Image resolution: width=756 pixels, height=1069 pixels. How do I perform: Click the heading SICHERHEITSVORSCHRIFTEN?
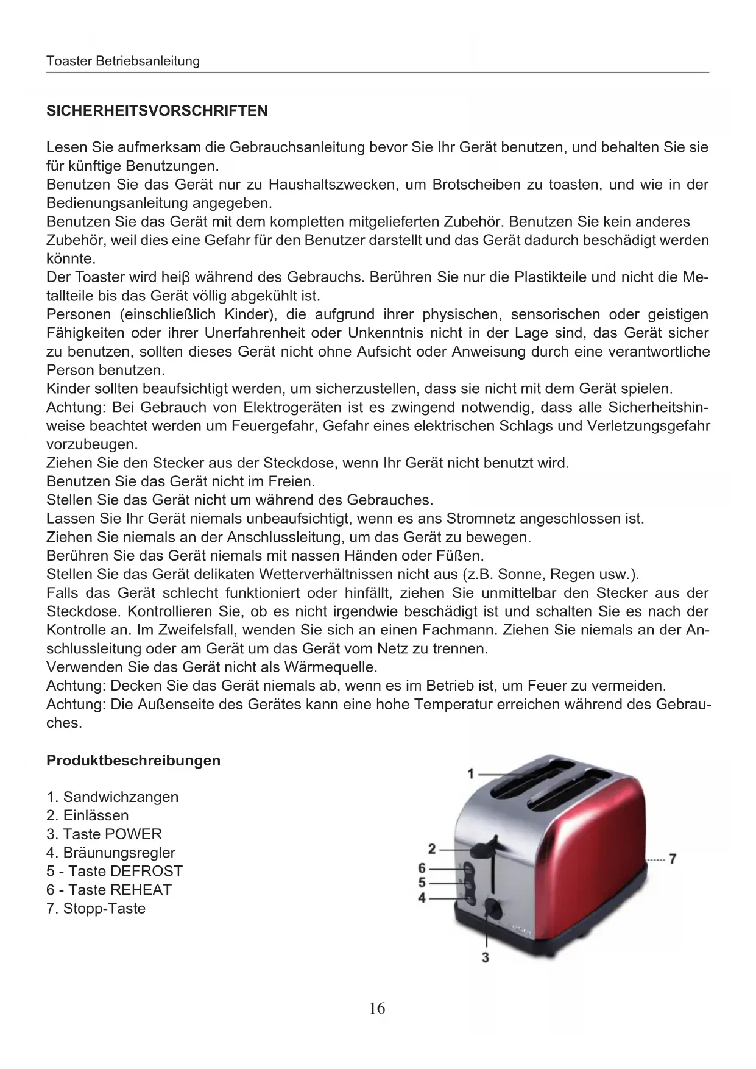click(x=157, y=111)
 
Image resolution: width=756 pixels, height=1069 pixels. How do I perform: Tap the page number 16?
click(x=377, y=1009)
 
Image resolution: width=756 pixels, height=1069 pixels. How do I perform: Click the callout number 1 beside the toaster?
click(x=470, y=773)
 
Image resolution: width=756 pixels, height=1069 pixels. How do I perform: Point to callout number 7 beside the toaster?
click(x=673, y=859)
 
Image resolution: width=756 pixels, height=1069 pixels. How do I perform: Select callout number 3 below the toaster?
click(x=485, y=957)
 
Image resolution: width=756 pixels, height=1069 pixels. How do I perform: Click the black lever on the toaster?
click(x=483, y=848)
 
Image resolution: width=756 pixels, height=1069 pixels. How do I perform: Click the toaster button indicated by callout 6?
click(x=468, y=868)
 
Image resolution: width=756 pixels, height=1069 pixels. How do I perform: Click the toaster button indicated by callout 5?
click(x=468, y=883)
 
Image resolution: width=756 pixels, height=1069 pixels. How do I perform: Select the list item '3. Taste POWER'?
click(x=104, y=834)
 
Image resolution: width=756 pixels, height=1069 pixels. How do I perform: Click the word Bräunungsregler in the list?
click(x=119, y=853)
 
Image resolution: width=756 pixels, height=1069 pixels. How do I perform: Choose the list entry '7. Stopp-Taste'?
click(x=96, y=908)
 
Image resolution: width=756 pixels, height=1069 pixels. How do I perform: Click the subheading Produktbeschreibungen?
click(x=133, y=761)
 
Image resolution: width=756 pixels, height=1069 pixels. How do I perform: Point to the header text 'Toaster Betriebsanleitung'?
click(x=123, y=61)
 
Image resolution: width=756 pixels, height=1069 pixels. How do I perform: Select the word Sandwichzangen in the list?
click(x=121, y=797)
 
